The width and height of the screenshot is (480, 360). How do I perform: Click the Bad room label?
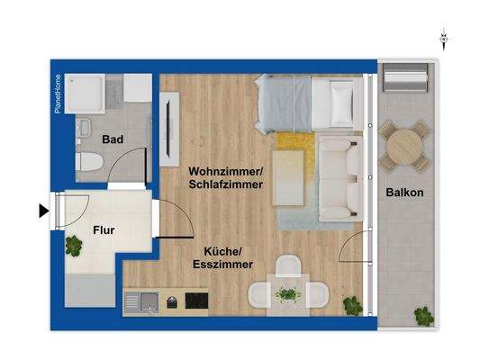(x=112, y=140)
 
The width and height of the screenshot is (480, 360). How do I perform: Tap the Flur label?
(x=104, y=229)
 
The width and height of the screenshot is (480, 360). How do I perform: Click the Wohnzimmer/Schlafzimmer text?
(x=226, y=177)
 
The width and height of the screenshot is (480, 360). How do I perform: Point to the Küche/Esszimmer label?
(x=222, y=258)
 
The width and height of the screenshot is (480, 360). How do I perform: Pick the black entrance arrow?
(x=42, y=211)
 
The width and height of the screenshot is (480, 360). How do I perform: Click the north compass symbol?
(x=443, y=39)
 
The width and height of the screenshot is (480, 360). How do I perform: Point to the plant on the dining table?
(x=288, y=293)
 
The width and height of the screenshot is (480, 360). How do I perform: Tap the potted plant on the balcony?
(x=421, y=315)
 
